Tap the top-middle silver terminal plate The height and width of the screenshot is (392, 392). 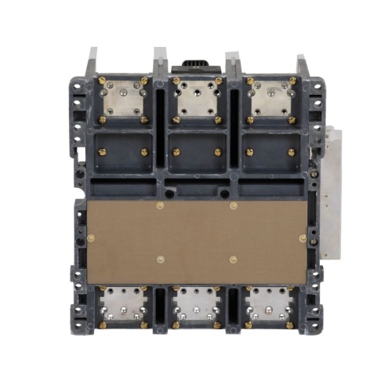[x=196, y=99]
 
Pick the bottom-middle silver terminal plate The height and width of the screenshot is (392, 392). [x=196, y=305]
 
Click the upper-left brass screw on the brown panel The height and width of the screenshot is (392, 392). [x=160, y=206]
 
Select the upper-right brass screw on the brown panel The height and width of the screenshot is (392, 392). [x=233, y=206]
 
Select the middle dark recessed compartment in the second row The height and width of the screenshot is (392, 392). [x=196, y=152]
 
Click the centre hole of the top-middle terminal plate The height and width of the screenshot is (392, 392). [x=196, y=100]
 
